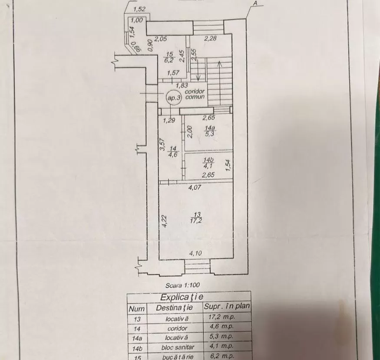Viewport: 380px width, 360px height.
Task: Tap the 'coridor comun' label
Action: pos(195,95)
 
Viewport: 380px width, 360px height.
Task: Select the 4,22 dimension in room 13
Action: pos(165,221)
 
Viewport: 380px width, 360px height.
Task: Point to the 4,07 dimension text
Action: pos(195,187)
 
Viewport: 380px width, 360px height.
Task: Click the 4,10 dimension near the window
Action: pos(195,253)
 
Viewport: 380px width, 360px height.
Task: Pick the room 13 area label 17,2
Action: pos(197,217)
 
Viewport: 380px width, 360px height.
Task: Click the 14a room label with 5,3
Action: pos(210,131)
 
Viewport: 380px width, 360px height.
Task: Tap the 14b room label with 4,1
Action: pos(208,163)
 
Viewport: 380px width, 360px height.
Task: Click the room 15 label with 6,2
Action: pos(169,57)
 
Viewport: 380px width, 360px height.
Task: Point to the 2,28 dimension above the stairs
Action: pos(210,38)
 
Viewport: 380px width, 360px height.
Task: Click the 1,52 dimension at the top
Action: pos(139,10)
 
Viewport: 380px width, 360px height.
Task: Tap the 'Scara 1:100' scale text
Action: pos(183,285)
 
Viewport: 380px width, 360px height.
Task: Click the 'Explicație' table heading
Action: pos(182,297)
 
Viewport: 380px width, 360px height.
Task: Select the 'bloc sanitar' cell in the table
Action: pos(178,347)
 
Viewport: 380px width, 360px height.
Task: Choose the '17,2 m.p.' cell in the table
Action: pos(222,317)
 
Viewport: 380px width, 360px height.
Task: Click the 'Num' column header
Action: pos(137,309)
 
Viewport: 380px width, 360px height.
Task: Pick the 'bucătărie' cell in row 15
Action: pos(178,357)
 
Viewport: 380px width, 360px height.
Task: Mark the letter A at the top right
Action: pos(255,3)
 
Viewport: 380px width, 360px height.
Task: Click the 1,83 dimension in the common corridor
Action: pos(182,85)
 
